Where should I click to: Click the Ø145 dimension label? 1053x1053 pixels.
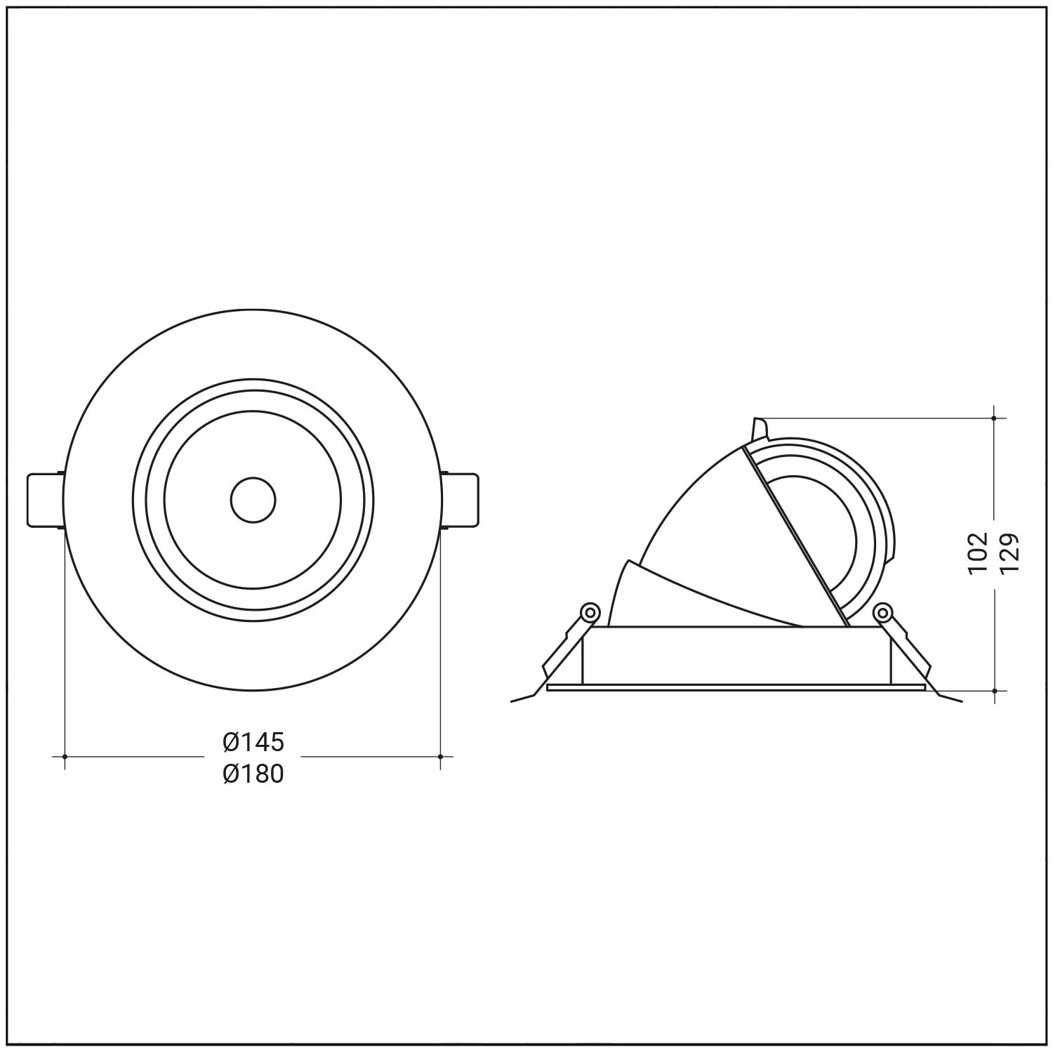click(x=253, y=741)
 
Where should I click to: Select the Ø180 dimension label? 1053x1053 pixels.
click(x=253, y=774)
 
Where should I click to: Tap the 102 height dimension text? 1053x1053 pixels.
click(x=978, y=553)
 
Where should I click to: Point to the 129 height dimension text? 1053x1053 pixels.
click(x=1009, y=553)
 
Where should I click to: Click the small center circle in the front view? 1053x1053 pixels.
click(x=253, y=501)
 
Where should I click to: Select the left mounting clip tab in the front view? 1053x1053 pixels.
click(x=46, y=500)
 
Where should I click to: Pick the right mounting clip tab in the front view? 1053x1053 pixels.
click(x=461, y=500)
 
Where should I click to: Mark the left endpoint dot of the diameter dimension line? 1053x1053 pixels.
click(x=65, y=757)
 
